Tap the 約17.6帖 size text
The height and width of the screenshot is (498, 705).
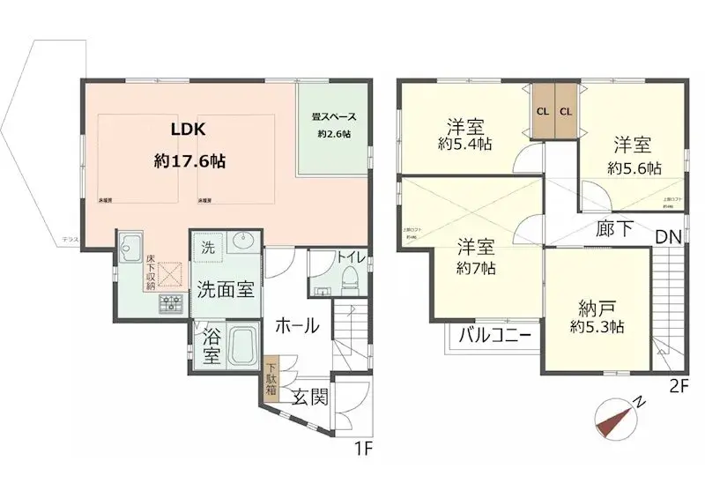click(189, 161)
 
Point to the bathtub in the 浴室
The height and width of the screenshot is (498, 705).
click(241, 346)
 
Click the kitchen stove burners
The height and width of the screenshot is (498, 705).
click(170, 304)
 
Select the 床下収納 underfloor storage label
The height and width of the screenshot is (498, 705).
click(152, 272)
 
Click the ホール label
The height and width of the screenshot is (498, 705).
click(297, 326)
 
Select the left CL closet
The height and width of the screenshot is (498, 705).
click(542, 111)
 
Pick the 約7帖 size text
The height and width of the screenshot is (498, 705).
click(475, 268)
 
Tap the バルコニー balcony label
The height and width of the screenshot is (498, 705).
click(494, 335)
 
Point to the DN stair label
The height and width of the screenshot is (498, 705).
click(668, 236)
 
